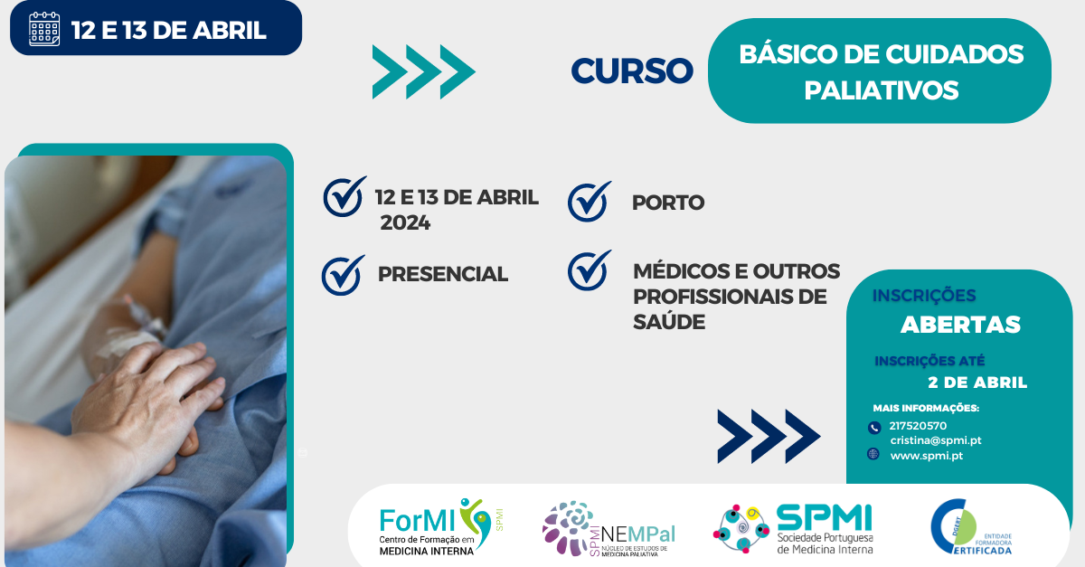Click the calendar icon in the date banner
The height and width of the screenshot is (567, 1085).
point(44,30)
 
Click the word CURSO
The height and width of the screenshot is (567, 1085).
point(632,71)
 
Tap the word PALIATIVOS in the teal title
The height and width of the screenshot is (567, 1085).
point(882,90)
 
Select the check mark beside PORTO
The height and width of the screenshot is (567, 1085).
point(590,201)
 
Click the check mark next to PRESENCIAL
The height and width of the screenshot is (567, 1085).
point(343,275)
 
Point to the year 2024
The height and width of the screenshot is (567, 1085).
point(405,223)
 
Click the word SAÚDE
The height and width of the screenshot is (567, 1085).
point(669,322)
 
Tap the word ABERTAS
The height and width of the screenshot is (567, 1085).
point(960,325)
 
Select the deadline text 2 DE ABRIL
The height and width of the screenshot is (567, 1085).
point(977,383)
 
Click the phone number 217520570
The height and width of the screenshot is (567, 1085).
point(918,426)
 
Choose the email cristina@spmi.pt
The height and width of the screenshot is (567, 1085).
point(936,440)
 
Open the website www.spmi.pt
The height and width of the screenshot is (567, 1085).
point(927,456)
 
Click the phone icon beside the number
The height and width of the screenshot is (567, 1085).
point(874,428)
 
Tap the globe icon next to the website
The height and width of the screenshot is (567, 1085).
point(873,454)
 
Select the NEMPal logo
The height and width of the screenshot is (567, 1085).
point(609,529)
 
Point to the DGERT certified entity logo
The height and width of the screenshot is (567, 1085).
point(971,527)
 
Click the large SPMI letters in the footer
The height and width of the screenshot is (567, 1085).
point(824,517)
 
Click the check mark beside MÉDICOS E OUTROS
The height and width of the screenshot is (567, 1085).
point(590,270)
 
